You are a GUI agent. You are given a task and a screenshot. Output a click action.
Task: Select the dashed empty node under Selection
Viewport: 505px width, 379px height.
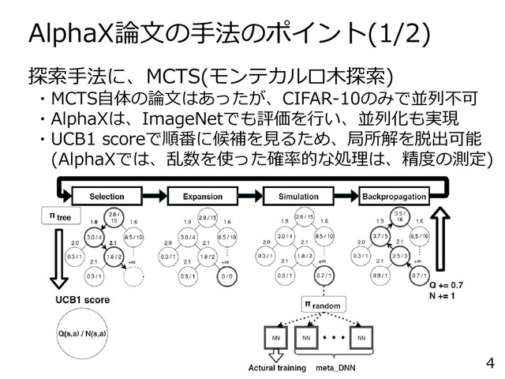[136, 276]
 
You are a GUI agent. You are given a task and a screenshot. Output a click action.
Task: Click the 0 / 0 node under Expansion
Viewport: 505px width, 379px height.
[230, 276]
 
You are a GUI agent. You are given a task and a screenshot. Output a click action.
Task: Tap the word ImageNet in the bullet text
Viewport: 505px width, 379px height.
[181, 119]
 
